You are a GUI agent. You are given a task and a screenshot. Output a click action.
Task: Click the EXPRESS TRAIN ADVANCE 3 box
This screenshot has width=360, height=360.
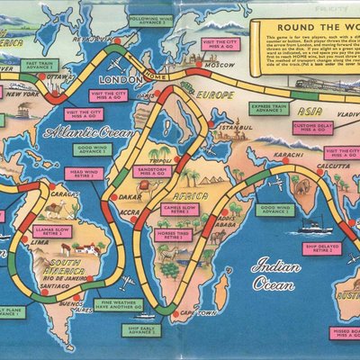point(269,107)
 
